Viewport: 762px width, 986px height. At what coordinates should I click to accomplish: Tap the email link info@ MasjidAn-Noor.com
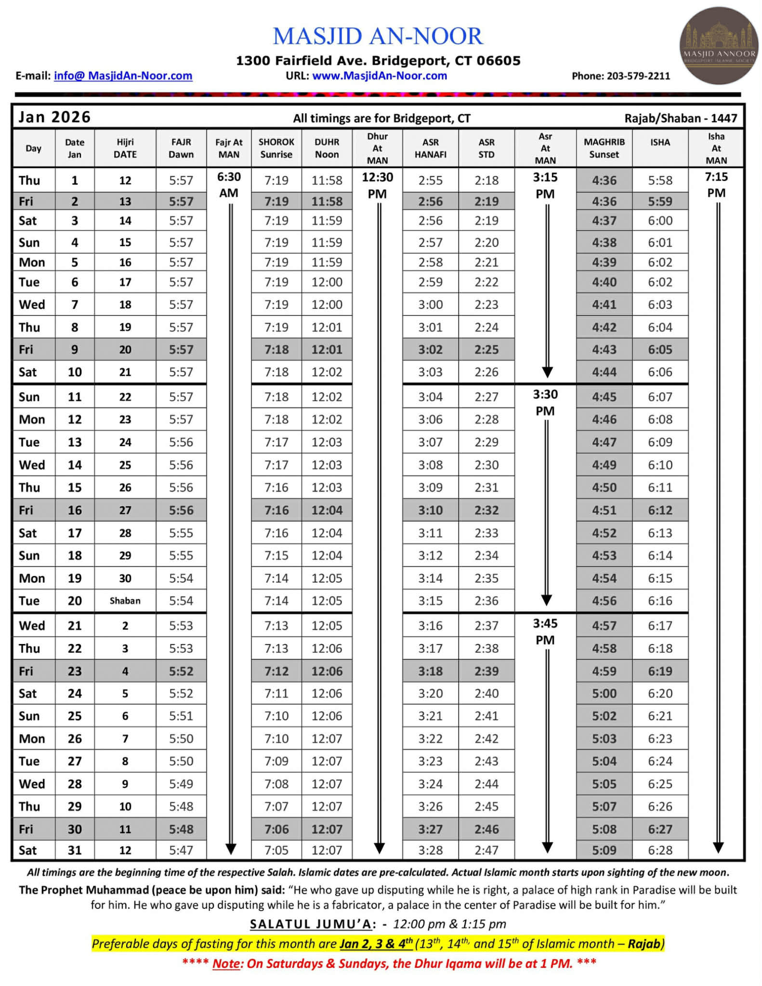click(x=123, y=76)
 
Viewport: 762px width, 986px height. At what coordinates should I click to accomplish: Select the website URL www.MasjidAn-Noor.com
click(x=380, y=76)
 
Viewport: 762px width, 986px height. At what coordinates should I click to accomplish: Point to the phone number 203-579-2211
click(x=638, y=76)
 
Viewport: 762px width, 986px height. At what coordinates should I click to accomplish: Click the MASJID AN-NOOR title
click(x=378, y=37)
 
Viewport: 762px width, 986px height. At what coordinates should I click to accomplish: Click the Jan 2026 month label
click(x=54, y=117)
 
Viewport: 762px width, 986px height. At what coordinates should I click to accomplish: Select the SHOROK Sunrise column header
click(x=276, y=148)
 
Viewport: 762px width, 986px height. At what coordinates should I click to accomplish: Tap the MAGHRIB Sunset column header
click(x=604, y=148)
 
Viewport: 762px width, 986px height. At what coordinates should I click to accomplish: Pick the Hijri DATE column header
click(x=125, y=148)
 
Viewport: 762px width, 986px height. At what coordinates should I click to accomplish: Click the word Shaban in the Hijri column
click(x=125, y=601)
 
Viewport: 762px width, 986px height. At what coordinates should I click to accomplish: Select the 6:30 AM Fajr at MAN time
click(x=229, y=184)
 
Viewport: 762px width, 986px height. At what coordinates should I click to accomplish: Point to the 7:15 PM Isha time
click(x=716, y=184)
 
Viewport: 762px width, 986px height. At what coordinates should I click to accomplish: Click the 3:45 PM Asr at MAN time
click(x=545, y=631)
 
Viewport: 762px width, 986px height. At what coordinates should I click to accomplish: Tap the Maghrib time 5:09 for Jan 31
click(x=604, y=850)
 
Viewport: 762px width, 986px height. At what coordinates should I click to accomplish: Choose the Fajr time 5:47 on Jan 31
click(x=181, y=850)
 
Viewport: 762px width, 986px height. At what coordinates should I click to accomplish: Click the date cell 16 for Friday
click(x=75, y=510)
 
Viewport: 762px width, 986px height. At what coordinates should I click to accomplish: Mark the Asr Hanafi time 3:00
click(x=430, y=304)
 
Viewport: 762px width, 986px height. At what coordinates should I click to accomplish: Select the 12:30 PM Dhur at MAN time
click(x=377, y=185)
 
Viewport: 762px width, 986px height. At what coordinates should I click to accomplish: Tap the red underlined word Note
click(x=226, y=963)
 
